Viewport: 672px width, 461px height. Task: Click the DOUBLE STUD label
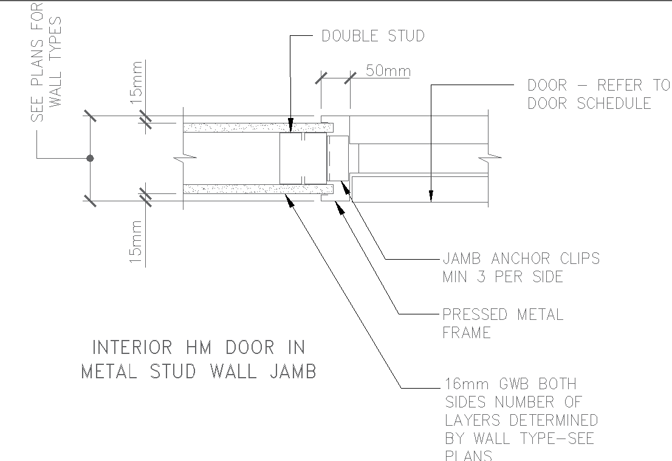[x=372, y=36]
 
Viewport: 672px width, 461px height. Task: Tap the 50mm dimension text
[x=388, y=71]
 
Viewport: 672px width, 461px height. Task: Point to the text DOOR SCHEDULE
[x=589, y=103]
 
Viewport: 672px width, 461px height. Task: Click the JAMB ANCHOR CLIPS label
[x=521, y=258]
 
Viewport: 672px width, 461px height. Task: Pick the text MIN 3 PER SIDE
[x=502, y=277]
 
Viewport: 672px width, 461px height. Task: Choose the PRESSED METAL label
[x=502, y=314]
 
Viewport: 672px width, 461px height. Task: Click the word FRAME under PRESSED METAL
[x=466, y=333]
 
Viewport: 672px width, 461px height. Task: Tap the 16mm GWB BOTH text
[x=510, y=384]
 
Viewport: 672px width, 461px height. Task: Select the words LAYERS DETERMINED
[x=521, y=420]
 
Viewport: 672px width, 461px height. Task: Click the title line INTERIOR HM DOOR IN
[x=198, y=348]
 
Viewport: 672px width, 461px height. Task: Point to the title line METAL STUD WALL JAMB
[x=199, y=371]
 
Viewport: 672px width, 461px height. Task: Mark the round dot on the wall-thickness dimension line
[x=90, y=158]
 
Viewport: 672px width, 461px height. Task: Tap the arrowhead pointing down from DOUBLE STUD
[x=290, y=127]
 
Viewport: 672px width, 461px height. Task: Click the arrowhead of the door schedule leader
[x=431, y=195]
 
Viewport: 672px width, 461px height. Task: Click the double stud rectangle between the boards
[x=302, y=158]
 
